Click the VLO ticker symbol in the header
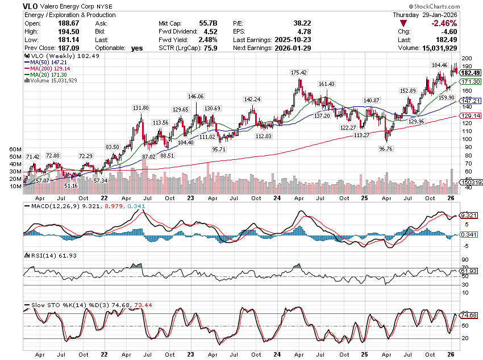(x=32, y=6)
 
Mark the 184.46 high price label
(x=440, y=65)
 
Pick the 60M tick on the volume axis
(x=15, y=150)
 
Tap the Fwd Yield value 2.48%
(x=208, y=40)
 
